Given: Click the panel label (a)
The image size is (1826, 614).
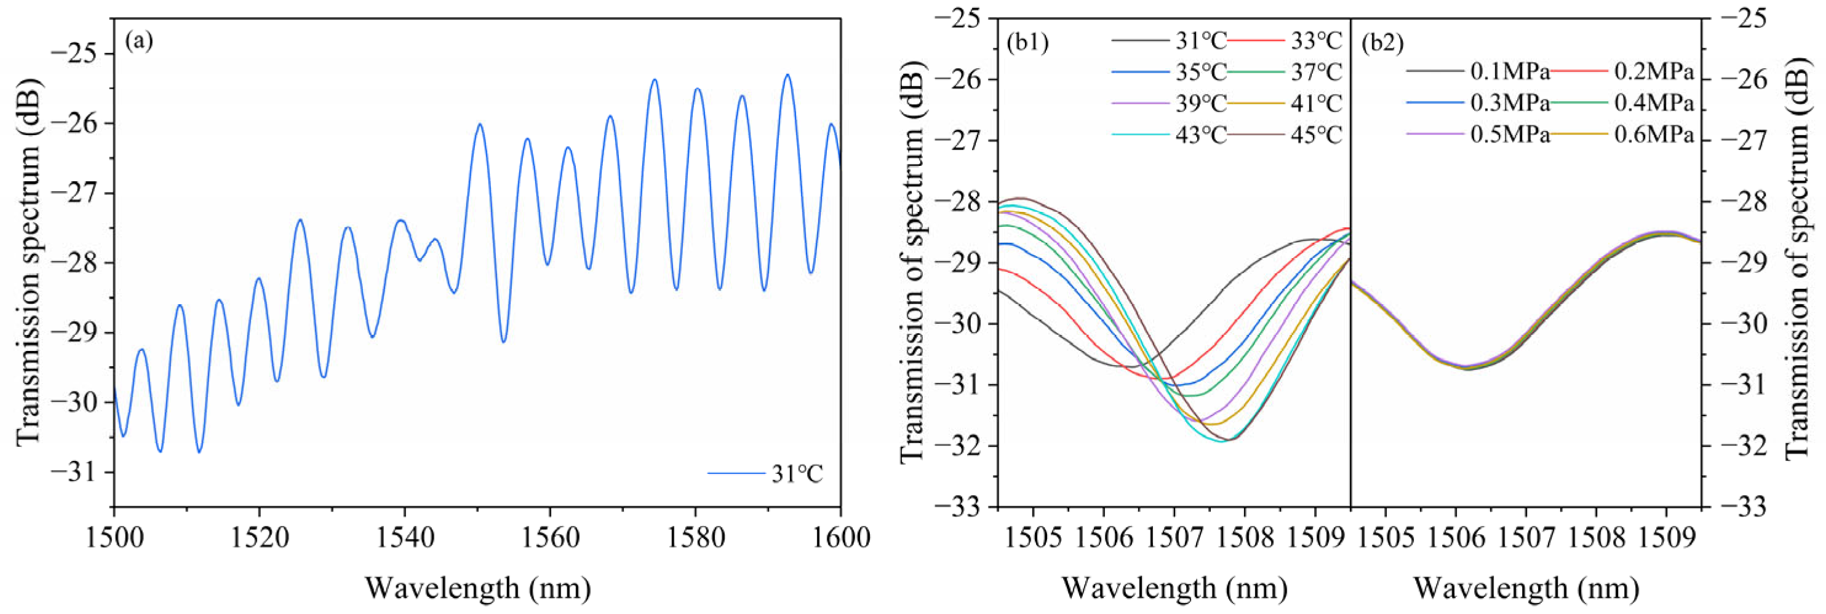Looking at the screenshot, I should click(x=139, y=41).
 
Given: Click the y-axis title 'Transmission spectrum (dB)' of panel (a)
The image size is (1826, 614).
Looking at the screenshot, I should click(x=28, y=262).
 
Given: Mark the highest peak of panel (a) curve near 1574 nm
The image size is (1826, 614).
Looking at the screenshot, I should click(x=654, y=79).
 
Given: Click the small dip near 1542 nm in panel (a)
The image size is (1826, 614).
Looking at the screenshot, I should click(x=420, y=260).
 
